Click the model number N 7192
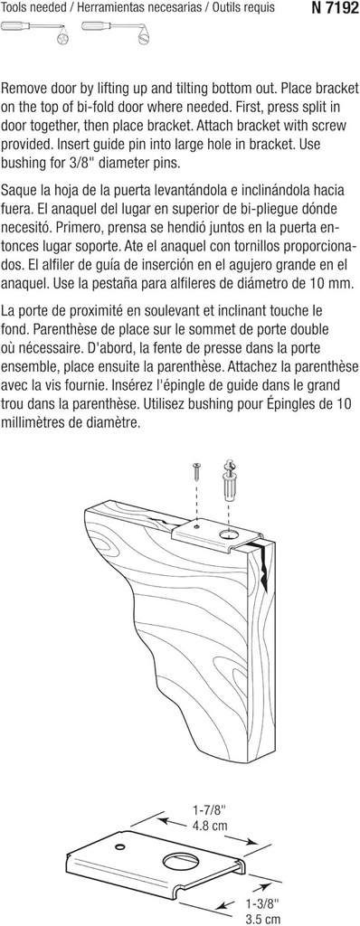(330, 8)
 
